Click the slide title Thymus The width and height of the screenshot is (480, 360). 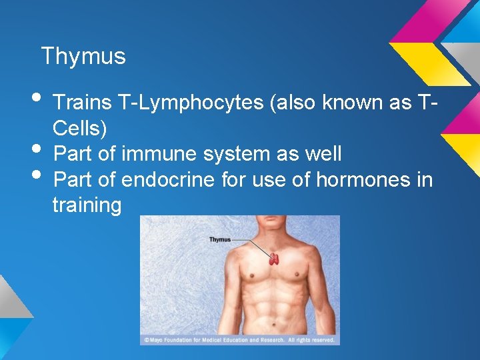(83, 56)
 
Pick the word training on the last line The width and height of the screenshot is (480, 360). (87, 205)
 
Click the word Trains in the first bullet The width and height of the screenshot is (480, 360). (82, 103)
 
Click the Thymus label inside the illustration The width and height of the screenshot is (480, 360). (220, 239)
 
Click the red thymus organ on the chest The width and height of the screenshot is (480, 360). (273, 259)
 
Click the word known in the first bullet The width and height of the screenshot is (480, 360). (351, 103)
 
